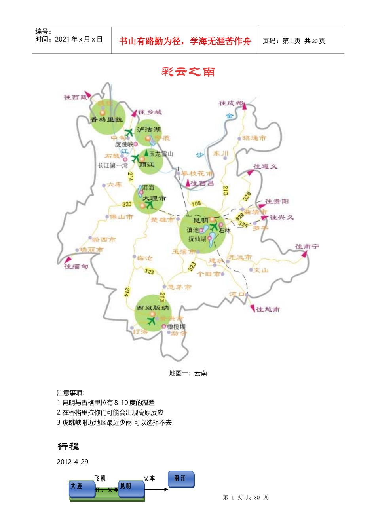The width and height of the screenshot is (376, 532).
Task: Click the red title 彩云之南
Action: point(188,72)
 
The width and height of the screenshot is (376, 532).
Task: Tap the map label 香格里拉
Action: point(107,119)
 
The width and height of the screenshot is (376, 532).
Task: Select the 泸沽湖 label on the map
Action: point(149,129)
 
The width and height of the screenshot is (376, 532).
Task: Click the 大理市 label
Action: point(154,198)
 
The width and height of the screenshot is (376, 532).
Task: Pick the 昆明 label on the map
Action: point(201,220)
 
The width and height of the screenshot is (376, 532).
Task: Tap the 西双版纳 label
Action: point(152,308)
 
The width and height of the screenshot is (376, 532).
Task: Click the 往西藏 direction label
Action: point(75,97)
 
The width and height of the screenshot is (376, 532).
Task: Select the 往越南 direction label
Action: point(268,309)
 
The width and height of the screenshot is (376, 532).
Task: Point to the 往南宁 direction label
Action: point(307,247)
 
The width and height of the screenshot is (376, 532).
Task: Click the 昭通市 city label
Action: point(254,138)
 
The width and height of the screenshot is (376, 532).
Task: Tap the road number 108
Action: point(196,203)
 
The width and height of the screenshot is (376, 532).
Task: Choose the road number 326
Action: point(247,196)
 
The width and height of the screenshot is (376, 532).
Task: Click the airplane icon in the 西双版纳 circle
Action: point(151,321)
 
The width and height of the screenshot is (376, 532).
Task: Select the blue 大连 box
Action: point(82,488)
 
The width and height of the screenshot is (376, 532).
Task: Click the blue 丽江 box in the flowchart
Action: point(181,479)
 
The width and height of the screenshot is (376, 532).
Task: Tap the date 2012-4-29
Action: point(72,462)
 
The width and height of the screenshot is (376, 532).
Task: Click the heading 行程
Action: point(68,446)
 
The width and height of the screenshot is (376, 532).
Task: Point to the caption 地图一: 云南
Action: point(188,373)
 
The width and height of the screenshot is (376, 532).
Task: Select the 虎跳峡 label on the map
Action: point(124,144)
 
